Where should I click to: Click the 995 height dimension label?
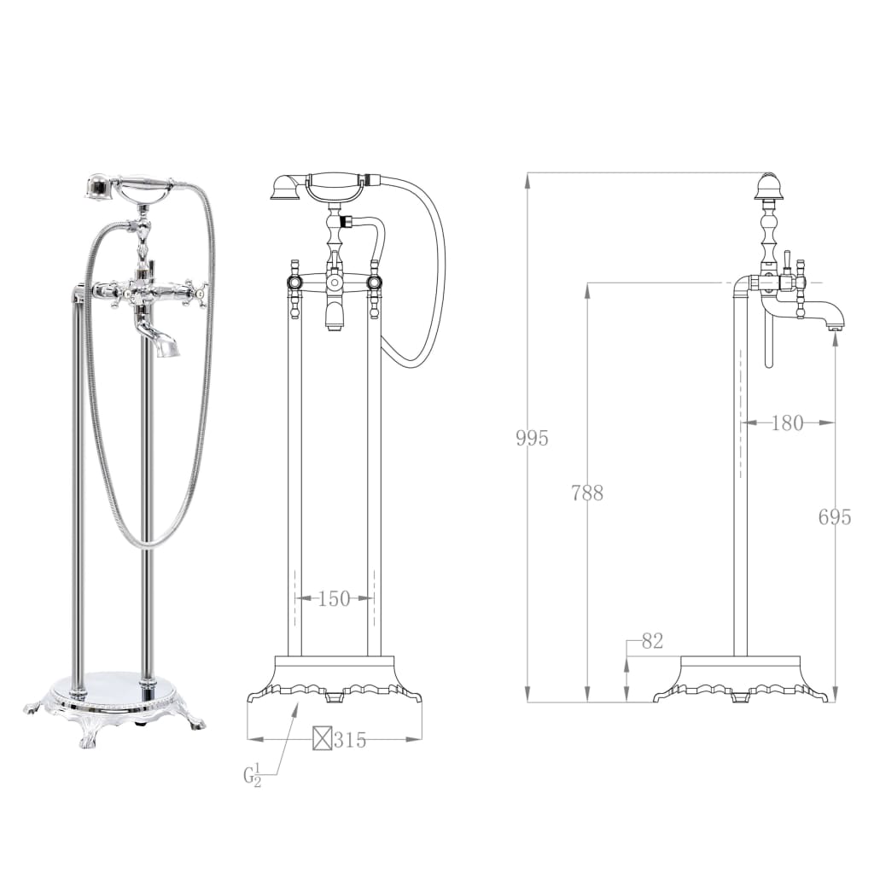coord(532,439)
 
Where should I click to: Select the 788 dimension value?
coord(587,492)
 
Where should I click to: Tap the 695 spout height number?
coord(834,516)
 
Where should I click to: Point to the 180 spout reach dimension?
coord(787,422)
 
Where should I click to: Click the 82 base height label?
coord(651,641)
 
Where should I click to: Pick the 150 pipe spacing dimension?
coord(334,599)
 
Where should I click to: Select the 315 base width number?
coord(350,740)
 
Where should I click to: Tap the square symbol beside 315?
coord(322,739)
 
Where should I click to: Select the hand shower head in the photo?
coord(100,185)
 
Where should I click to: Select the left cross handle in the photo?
coord(107,292)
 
